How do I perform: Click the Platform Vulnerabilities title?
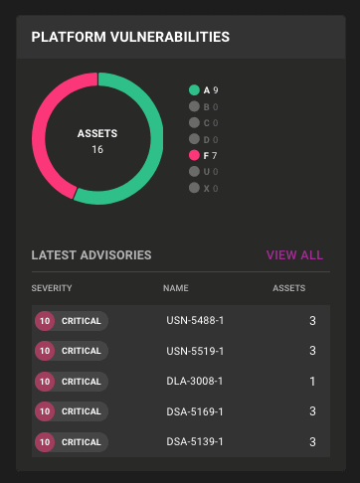pos(130,37)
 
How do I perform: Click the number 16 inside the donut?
pos(97,149)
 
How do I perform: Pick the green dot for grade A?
pos(194,90)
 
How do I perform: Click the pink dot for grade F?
pos(194,155)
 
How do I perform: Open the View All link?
pos(294,255)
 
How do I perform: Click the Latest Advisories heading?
pos(91,255)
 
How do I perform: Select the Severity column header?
pos(52,288)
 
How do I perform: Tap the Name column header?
pos(176,288)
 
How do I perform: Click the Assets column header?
pos(289,288)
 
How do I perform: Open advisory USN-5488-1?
pos(196,321)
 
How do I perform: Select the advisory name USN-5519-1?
pos(196,351)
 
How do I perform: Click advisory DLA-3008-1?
pos(196,382)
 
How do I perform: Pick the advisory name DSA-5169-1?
pos(196,411)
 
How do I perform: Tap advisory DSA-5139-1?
pos(196,441)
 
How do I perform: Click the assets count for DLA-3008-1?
pos(311,382)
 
